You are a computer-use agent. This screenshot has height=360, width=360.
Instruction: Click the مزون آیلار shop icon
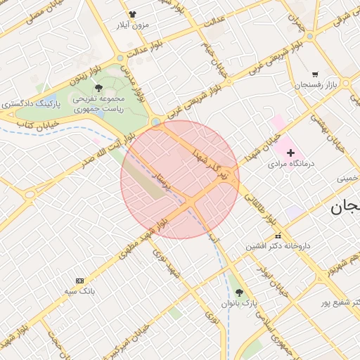131,13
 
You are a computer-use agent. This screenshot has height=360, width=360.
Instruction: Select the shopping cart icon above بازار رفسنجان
315,74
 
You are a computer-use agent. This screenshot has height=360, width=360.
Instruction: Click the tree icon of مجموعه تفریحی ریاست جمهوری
98,89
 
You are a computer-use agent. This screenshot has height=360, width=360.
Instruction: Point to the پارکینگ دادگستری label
31,103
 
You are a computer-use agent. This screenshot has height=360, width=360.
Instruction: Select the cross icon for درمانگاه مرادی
290,152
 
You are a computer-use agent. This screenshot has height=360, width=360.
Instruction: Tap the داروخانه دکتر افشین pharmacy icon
278,236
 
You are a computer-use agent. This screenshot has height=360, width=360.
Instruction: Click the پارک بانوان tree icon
239,292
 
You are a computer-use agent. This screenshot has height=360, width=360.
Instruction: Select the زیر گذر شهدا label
214,163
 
